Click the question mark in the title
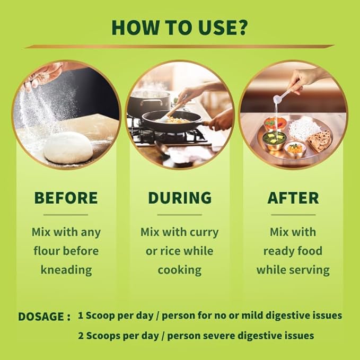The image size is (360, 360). [x=241, y=28]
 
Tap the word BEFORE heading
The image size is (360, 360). [x=66, y=198]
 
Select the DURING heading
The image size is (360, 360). [x=180, y=198]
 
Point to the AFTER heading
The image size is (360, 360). [x=293, y=198]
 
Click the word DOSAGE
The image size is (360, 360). [x=41, y=317]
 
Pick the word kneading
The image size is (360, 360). [x=66, y=269]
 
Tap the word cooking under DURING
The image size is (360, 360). [x=180, y=269]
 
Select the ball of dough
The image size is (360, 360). [x=68, y=147]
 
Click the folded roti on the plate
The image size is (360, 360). [x=320, y=141]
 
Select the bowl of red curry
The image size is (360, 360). [x=275, y=124]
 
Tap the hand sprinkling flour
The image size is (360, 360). [x=43, y=75]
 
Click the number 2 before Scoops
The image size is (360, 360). [x=81, y=336]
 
